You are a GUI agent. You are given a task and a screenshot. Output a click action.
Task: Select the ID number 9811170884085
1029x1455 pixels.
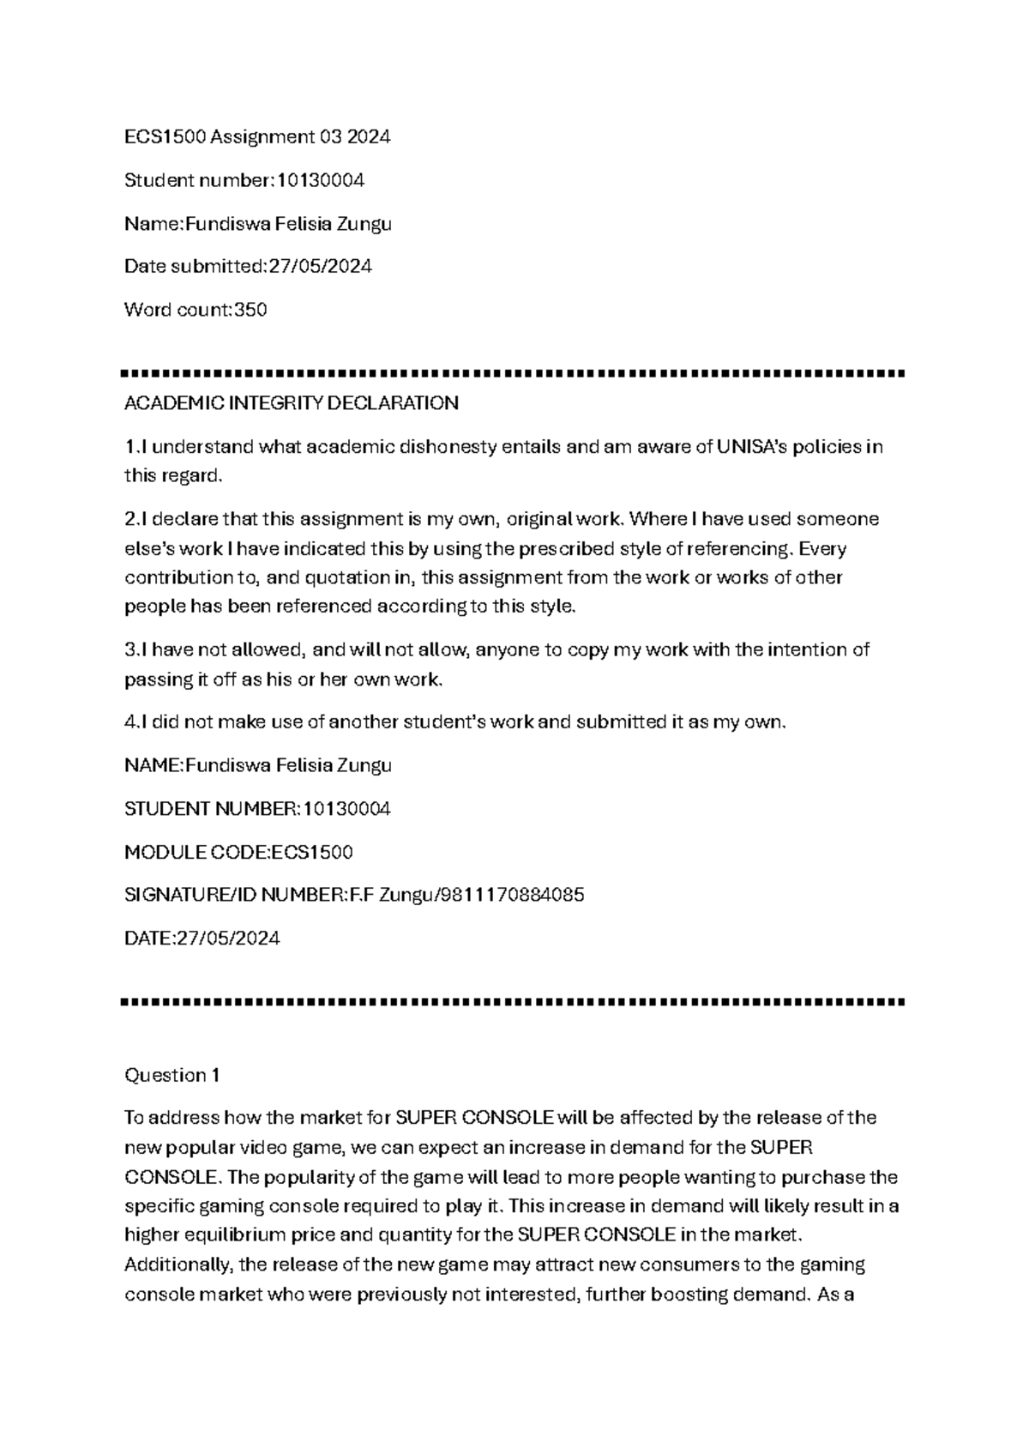click(x=514, y=896)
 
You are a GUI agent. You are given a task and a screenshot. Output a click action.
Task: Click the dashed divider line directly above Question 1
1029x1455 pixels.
click(x=514, y=1001)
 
